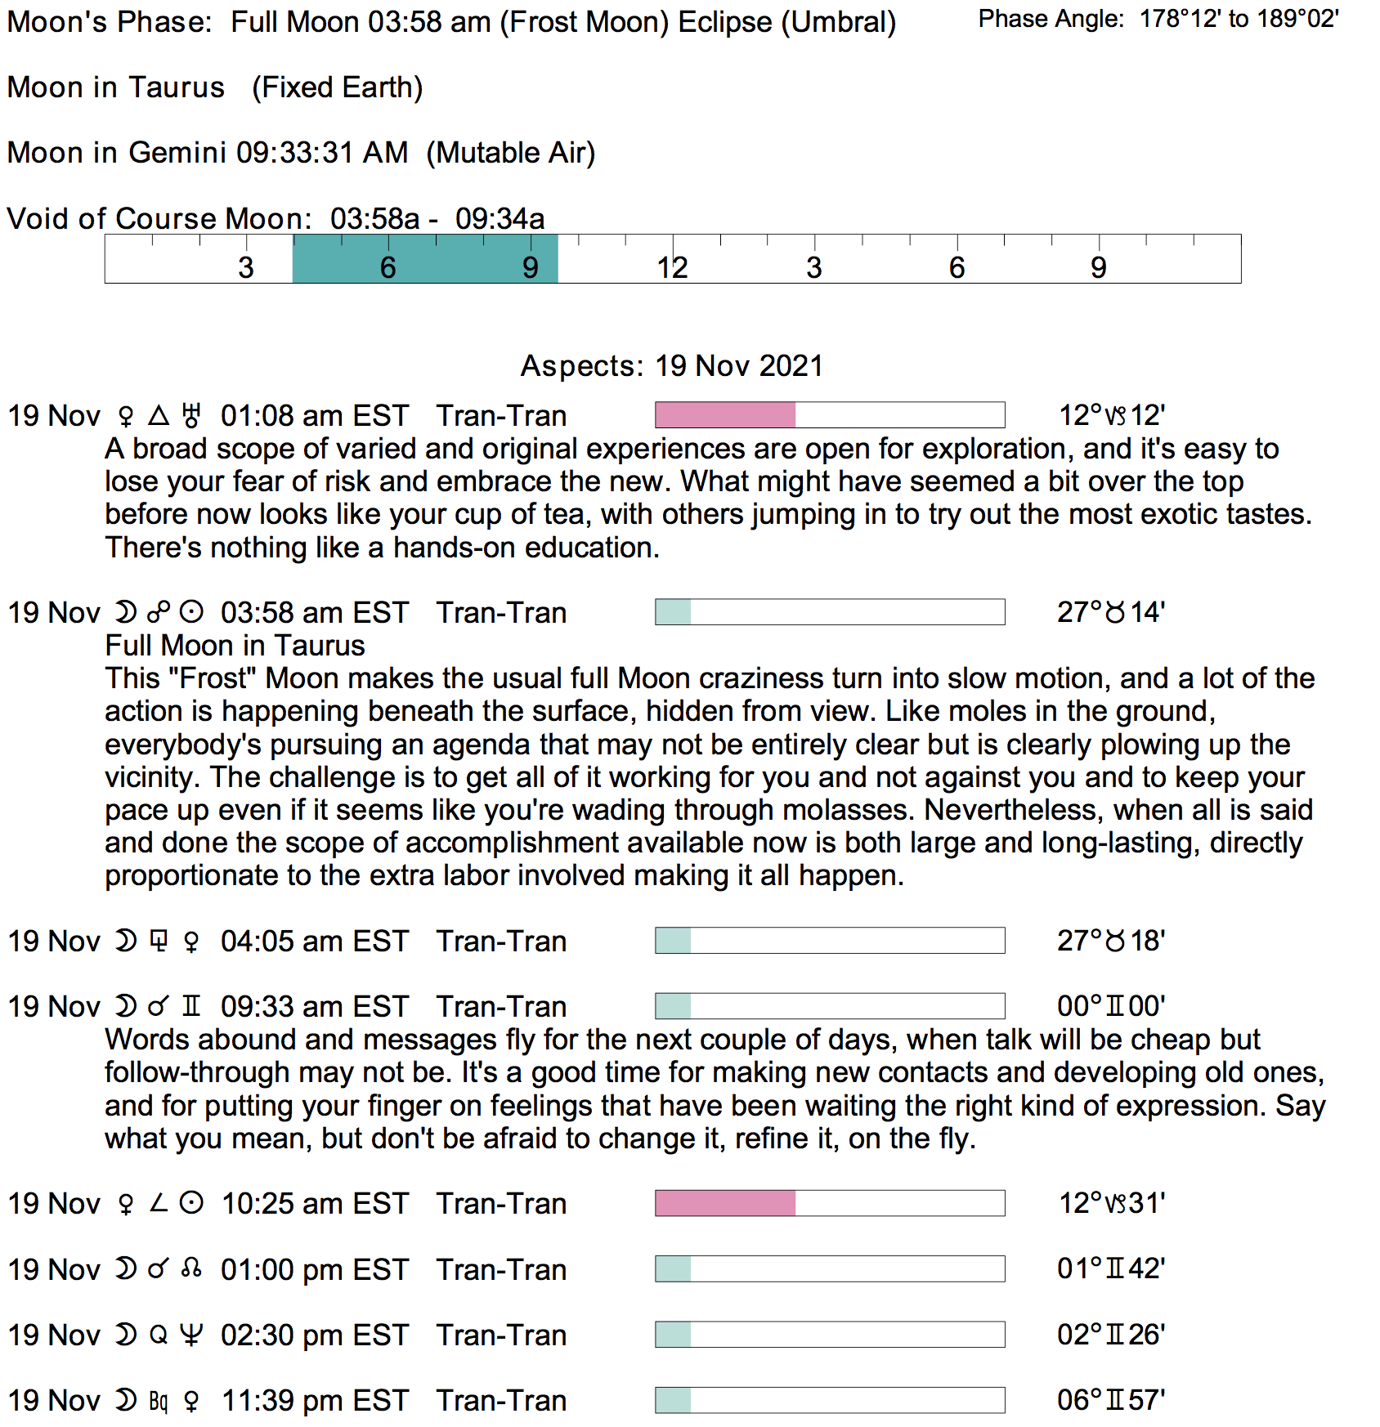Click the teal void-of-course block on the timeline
click(x=425, y=259)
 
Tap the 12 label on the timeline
click(x=672, y=268)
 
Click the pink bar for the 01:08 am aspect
click(x=725, y=415)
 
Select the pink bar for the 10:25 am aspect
click(x=725, y=1203)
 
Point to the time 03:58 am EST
click(x=315, y=613)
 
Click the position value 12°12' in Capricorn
click(x=1111, y=415)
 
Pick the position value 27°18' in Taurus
click(x=1110, y=941)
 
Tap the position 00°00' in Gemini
click(x=1110, y=1006)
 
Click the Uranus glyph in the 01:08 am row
click(x=191, y=415)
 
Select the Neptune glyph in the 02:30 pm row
click(x=191, y=1335)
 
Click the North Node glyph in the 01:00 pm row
click(x=191, y=1269)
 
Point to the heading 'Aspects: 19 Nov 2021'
click(x=672, y=365)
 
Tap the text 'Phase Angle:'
click(x=1051, y=19)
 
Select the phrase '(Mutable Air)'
click(x=511, y=153)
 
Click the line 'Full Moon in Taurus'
click(x=235, y=646)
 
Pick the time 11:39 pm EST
click(x=315, y=1401)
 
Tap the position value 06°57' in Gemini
click(x=1110, y=1400)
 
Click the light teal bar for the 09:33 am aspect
click(x=674, y=1006)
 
